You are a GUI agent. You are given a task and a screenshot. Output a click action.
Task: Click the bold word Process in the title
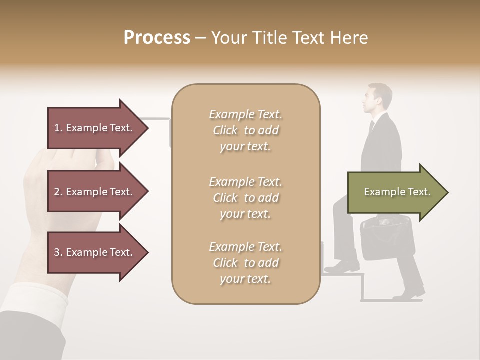click(x=157, y=38)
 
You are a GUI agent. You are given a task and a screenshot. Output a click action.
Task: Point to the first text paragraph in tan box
click(x=245, y=130)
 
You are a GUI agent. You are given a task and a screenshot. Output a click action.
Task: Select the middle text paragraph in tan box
click(x=245, y=198)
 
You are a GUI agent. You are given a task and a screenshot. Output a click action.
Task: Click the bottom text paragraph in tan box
click(x=245, y=263)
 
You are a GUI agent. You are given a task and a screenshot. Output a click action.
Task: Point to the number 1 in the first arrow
click(x=57, y=128)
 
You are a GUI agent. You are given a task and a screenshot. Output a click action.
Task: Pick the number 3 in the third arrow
click(x=57, y=252)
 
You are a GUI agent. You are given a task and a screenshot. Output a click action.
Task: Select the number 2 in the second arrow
click(x=57, y=192)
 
